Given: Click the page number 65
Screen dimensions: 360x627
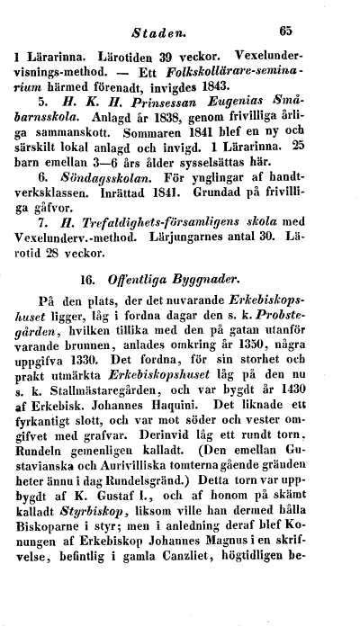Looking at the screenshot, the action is click(286, 29).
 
